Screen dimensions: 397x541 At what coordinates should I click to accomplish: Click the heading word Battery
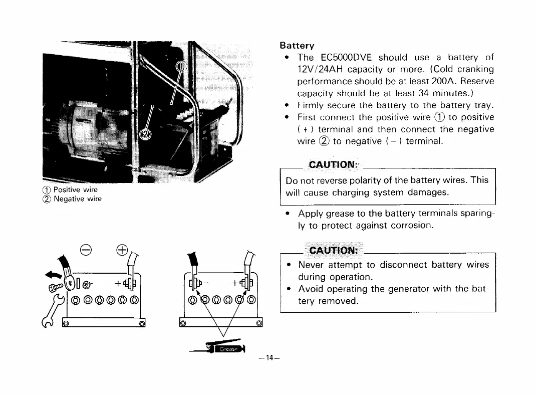click(297, 45)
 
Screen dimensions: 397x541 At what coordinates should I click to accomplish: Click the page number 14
click(270, 358)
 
